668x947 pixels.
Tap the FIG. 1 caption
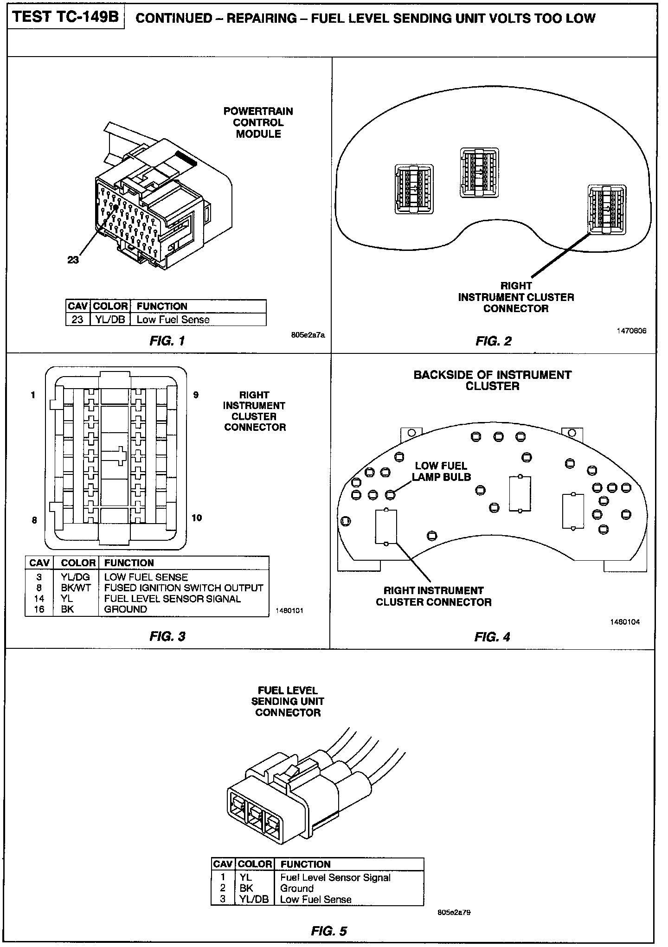point(167,341)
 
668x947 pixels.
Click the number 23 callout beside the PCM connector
point(73,260)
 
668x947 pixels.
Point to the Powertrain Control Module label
point(258,123)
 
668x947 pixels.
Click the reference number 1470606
point(631,331)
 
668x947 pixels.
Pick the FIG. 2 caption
point(493,341)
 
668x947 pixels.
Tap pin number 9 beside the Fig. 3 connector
point(196,395)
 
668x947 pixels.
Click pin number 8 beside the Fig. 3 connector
point(34,520)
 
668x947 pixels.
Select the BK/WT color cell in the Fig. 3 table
point(76,588)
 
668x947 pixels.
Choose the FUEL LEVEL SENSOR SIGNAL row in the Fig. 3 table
point(172,599)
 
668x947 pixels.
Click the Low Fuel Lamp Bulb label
point(441,471)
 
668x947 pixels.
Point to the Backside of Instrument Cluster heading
point(492,380)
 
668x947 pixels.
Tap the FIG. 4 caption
point(492,637)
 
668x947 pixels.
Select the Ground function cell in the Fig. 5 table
point(297,888)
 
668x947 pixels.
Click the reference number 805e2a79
point(454,912)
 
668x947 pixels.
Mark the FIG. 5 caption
point(329,931)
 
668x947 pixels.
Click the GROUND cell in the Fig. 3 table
point(125,609)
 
